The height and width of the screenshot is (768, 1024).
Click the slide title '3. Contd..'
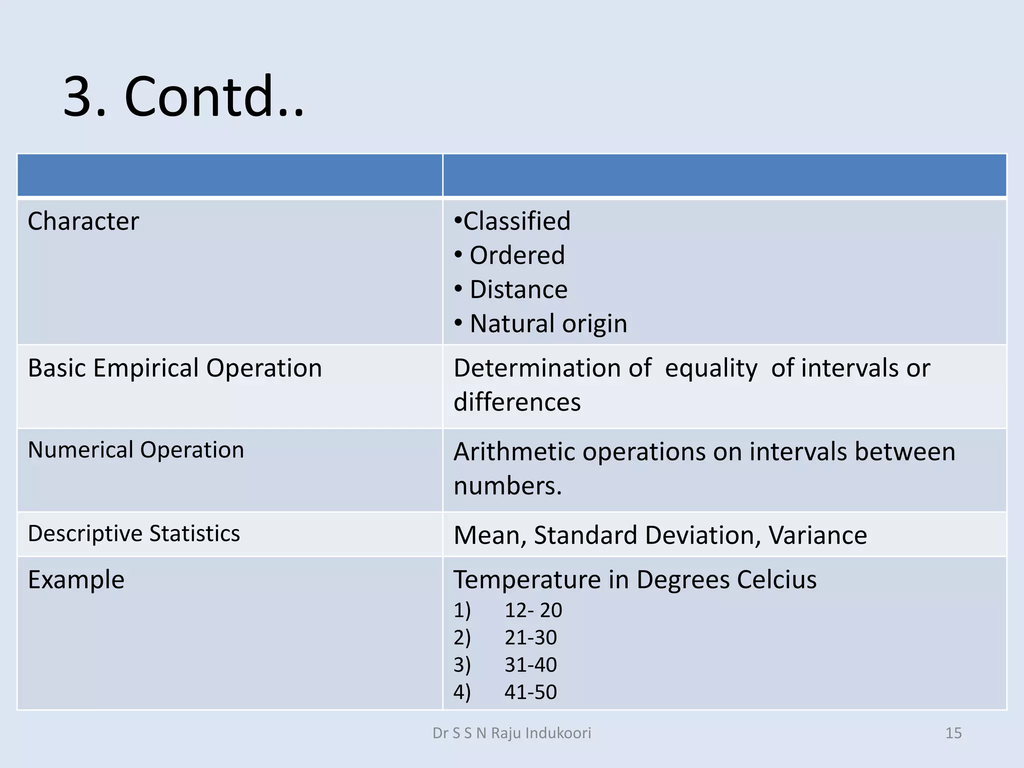click(x=183, y=96)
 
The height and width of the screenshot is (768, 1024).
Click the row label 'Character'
click(x=83, y=221)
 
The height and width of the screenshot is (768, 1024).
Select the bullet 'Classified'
click(x=516, y=221)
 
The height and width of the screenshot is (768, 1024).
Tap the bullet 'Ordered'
click(x=517, y=255)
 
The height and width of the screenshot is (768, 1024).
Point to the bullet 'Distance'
click(x=518, y=289)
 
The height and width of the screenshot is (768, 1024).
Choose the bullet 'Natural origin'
click(x=548, y=323)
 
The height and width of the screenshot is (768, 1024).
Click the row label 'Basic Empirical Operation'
click(x=175, y=368)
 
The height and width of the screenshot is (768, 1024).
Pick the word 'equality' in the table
click(x=711, y=368)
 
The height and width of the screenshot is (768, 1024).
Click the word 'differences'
click(x=517, y=402)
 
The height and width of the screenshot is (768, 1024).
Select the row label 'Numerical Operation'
click(x=136, y=450)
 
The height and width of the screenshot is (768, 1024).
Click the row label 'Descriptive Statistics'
click(x=134, y=533)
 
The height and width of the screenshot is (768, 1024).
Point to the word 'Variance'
click(x=817, y=535)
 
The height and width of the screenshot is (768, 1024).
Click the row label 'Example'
click(x=76, y=580)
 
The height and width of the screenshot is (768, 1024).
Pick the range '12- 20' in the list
click(x=533, y=610)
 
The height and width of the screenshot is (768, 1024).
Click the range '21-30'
click(x=530, y=638)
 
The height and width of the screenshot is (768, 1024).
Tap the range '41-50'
click(x=530, y=692)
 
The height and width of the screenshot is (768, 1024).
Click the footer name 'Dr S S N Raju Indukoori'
click(x=511, y=733)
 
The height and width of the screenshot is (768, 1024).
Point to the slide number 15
click(x=953, y=733)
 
